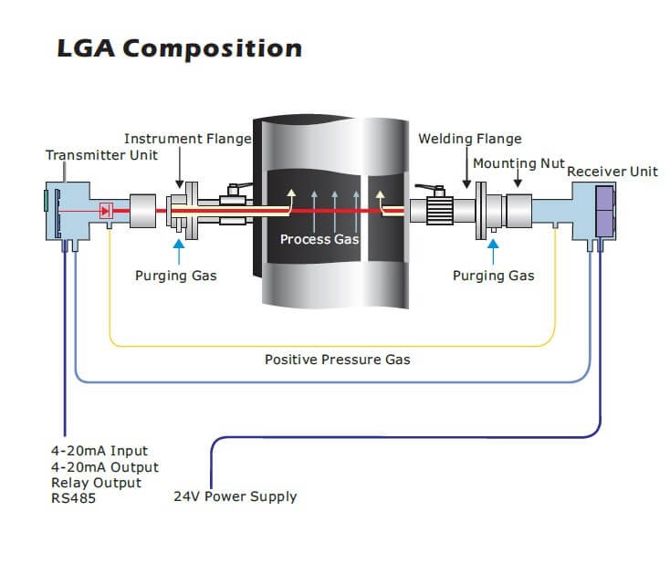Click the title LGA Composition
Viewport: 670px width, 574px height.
[179, 48]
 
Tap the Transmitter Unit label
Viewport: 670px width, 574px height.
[101, 154]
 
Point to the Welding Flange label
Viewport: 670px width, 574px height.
[469, 139]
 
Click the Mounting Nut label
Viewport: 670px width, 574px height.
[518, 163]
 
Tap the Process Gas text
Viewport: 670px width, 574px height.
[319, 239]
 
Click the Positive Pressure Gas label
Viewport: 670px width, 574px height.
[337, 360]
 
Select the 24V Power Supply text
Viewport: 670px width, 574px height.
[235, 496]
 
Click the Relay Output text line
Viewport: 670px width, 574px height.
[96, 483]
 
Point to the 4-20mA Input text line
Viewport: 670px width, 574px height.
[99, 451]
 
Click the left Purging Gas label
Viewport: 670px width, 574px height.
[175, 275]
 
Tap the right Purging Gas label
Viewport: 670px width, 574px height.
[493, 275]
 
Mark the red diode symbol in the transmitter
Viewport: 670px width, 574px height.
[106, 211]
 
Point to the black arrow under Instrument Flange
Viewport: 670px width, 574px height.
[180, 173]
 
